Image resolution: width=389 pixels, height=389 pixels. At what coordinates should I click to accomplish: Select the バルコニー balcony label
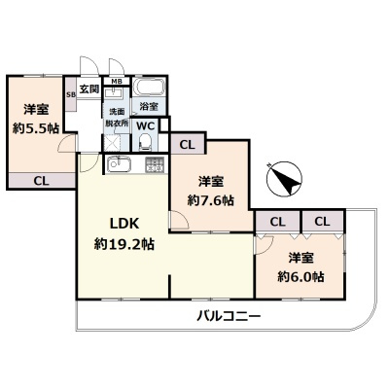(x=228, y=316)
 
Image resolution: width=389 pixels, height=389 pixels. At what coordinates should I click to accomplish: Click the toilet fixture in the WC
(x=145, y=141)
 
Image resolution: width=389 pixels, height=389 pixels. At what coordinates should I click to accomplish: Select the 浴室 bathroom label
(x=149, y=106)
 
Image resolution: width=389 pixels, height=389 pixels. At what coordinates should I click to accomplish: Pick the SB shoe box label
(x=70, y=94)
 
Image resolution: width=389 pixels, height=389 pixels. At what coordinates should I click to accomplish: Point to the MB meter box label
(x=116, y=82)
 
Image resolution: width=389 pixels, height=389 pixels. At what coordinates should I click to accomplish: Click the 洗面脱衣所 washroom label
(x=115, y=119)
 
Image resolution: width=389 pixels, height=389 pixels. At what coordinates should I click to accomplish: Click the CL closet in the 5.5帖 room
(x=41, y=180)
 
